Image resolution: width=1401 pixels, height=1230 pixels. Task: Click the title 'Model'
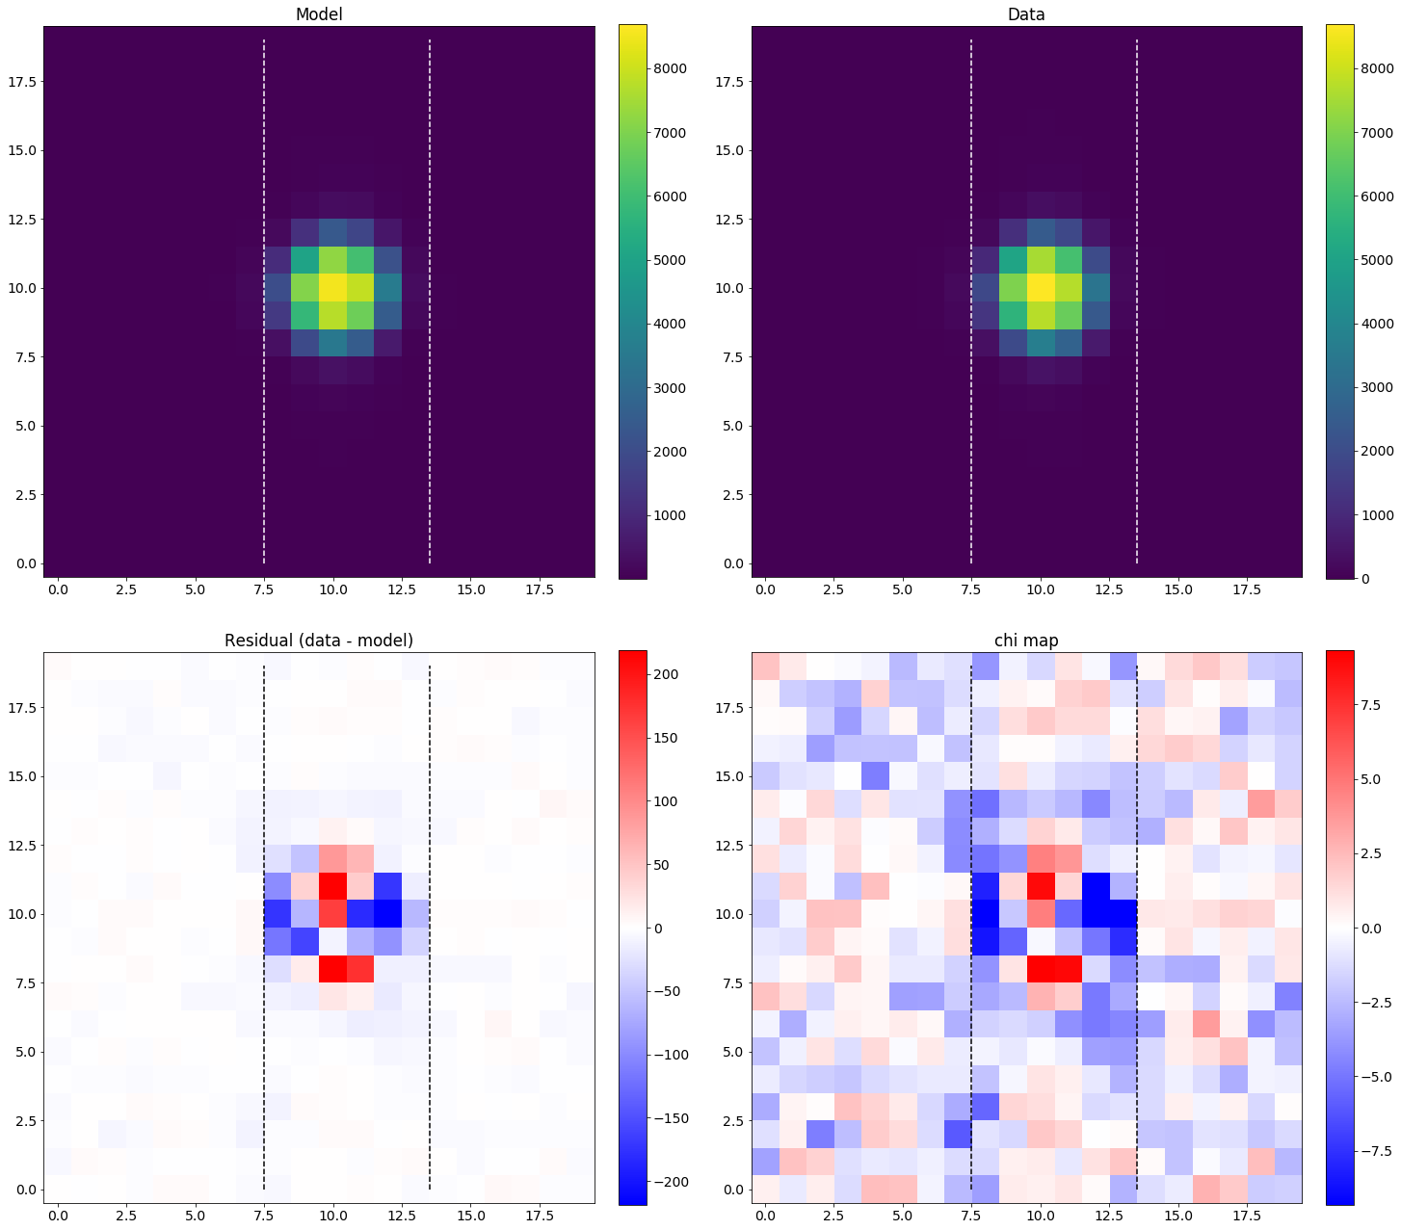(319, 14)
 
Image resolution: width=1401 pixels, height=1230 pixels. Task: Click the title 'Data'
(1026, 14)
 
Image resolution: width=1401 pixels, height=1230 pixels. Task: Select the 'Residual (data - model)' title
(318, 641)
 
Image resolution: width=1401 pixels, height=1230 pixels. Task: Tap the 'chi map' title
(1026, 641)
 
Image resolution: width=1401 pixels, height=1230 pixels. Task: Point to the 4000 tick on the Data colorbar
(1375, 324)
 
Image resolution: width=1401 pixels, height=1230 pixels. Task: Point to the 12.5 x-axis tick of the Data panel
(1109, 589)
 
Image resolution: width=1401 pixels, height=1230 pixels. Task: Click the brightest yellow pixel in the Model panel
(332, 288)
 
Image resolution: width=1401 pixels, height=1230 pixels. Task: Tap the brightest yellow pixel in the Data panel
(1041, 288)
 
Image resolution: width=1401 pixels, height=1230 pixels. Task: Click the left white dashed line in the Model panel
(264, 289)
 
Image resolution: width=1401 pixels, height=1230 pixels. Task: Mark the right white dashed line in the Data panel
(1137, 289)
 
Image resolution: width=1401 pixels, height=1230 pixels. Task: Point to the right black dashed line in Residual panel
(429, 915)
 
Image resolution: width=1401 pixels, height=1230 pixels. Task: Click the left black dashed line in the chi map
(971, 915)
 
